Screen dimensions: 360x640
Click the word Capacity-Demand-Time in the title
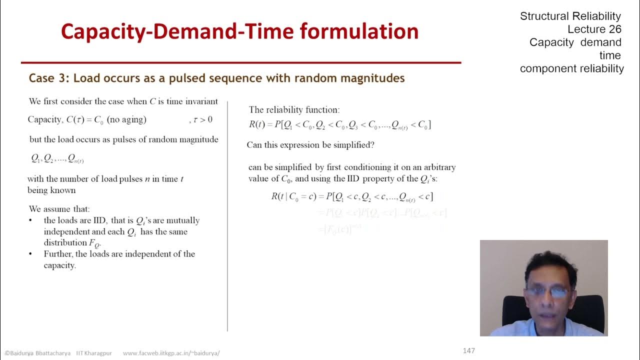[x=177, y=31]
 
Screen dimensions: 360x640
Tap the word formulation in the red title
[x=359, y=31]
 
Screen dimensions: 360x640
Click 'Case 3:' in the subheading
[x=48, y=78]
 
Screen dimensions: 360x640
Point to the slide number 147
[x=468, y=350]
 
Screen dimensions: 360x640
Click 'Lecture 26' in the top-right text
[x=594, y=29]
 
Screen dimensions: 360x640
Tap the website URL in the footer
[x=171, y=352]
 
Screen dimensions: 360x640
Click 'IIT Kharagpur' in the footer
[x=94, y=352]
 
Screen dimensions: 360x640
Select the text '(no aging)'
[x=126, y=119]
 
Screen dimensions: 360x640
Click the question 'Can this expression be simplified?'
[x=310, y=145]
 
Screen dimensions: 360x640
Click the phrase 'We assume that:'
[x=59, y=209]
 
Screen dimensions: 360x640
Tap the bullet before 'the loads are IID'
[x=31, y=220]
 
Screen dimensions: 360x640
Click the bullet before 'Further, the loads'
[x=31, y=254]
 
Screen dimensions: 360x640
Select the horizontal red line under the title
[x=240, y=63]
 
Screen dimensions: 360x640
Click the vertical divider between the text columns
[x=227, y=215]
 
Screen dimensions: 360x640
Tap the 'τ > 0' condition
[x=202, y=119]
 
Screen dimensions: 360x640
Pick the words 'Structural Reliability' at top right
[x=570, y=16]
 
